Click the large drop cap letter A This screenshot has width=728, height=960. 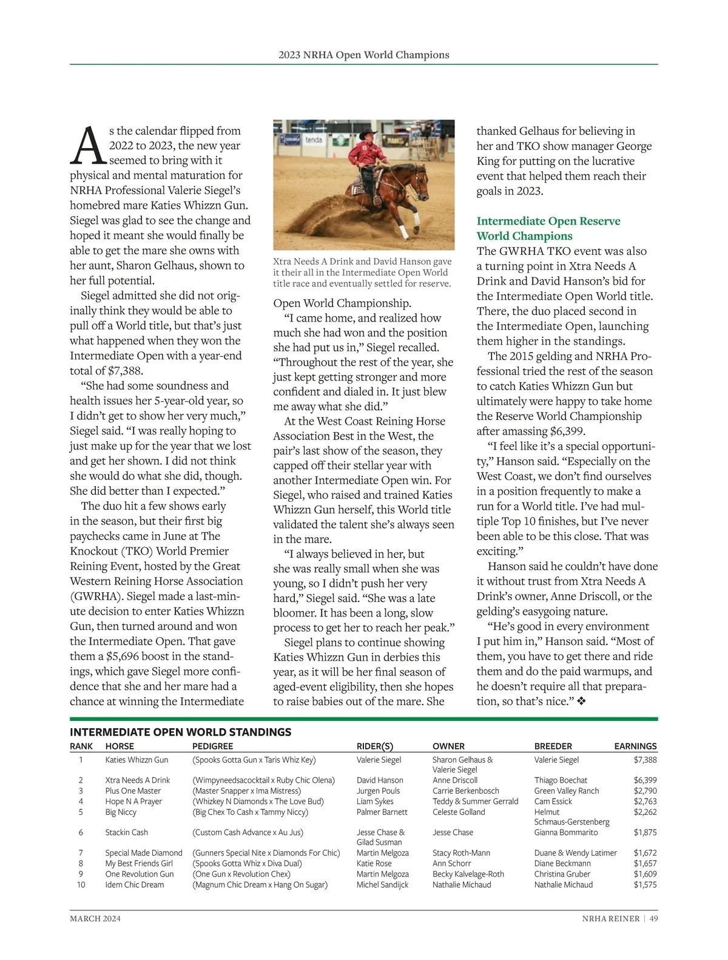click(89, 146)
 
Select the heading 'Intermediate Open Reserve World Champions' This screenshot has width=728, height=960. click(548, 229)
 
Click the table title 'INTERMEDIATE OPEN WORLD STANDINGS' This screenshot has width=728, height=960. click(180, 732)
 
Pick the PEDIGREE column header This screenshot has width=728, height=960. click(212, 746)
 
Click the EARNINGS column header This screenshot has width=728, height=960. click(635, 746)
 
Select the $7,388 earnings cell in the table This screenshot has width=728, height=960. click(645, 760)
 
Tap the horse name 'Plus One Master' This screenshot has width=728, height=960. click(133, 791)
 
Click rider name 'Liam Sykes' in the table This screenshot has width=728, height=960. click(375, 801)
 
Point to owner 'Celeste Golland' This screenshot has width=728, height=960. click(459, 812)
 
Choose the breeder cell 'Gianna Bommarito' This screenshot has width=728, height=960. click(565, 833)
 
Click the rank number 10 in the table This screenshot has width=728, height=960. click(81, 885)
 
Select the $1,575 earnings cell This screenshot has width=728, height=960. click(645, 885)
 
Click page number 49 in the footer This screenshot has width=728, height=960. click(653, 919)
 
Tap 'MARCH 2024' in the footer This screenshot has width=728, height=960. click(95, 919)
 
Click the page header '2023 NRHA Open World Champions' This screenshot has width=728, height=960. click(364, 55)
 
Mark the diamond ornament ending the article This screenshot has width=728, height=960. click(581, 701)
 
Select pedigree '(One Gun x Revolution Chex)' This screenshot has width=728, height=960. click(241, 874)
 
